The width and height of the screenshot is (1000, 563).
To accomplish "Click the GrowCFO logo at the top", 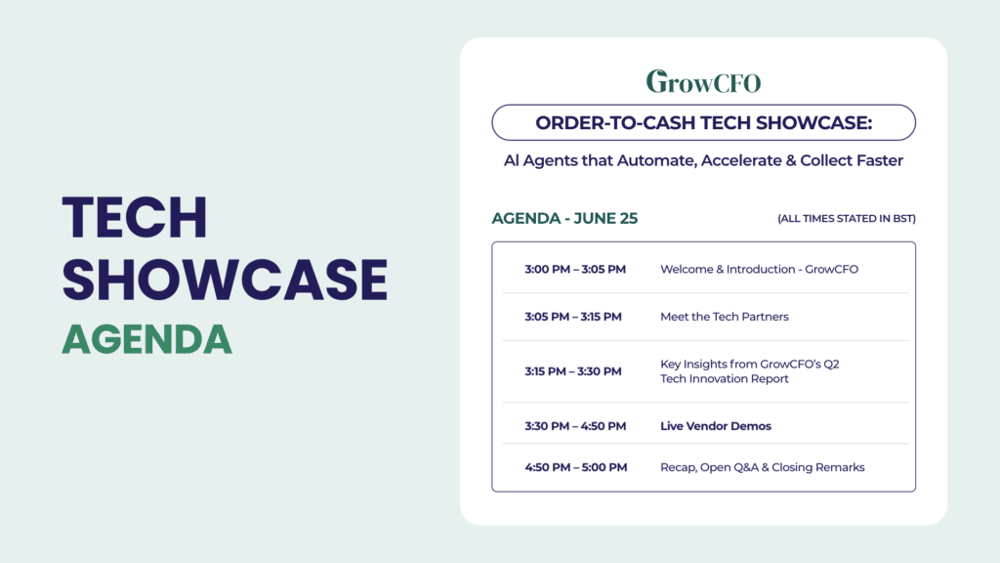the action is point(703,81).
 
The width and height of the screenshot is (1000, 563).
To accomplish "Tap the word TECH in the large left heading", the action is point(135,218).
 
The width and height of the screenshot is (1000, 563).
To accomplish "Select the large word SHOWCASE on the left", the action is point(225,280).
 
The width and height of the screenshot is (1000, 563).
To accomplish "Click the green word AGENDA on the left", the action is point(146,339).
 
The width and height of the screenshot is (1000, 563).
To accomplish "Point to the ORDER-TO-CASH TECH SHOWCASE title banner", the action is point(703,122).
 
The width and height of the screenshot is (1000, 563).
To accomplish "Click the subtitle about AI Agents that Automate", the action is point(703,161).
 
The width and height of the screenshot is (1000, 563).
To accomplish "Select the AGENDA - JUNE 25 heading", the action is point(564,218).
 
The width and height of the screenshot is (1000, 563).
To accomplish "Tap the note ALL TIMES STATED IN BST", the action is point(847,218).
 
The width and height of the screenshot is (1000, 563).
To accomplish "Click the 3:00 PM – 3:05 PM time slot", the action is point(575,270).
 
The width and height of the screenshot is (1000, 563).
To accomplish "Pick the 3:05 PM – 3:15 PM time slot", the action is point(572,317).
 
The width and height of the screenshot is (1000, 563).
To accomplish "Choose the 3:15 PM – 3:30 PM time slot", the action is point(572,371).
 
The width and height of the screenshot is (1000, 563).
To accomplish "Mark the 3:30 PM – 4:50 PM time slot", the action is point(575,426).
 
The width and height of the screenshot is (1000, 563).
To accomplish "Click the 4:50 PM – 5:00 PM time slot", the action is point(576,467).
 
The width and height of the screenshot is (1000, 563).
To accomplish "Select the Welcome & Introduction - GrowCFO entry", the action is point(759,270).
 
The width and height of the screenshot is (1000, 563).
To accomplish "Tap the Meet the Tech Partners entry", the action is point(725,317).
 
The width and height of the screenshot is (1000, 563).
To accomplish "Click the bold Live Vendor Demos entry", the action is point(716,426).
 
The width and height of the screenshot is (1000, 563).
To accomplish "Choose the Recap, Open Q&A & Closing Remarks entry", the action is point(762,467).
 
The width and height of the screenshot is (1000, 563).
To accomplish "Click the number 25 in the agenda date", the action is point(628,218).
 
